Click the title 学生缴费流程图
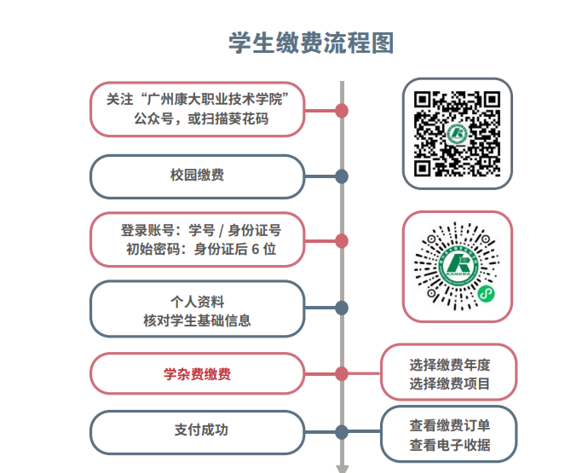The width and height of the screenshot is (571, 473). pyautogui.click(x=311, y=43)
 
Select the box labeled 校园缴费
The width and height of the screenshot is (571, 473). pyautogui.click(x=197, y=176)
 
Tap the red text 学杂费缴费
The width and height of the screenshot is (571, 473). pyautogui.click(x=197, y=374)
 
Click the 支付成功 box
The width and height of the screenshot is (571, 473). pyautogui.click(x=197, y=431)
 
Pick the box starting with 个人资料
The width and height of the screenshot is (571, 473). pyautogui.click(x=197, y=309)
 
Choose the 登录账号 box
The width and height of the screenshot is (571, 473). pyautogui.click(x=197, y=239)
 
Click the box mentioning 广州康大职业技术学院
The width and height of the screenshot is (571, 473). pyautogui.click(x=197, y=108)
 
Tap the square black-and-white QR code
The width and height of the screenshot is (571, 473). pyautogui.click(x=457, y=133)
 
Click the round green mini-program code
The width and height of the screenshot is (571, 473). pyautogui.click(x=457, y=267)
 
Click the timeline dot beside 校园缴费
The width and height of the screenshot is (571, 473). pyautogui.click(x=342, y=176)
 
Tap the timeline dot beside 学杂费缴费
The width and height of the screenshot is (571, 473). pyautogui.click(x=342, y=374)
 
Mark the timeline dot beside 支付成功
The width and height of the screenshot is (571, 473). pyautogui.click(x=342, y=432)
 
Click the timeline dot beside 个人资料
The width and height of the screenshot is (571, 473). pyautogui.click(x=342, y=308)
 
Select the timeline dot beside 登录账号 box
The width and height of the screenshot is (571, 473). pyautogui.click(x=342, y=241)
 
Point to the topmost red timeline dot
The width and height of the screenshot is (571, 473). pyautogui.click(x=342, y=110)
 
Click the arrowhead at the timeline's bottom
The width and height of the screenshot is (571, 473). pyautogui.click(x=342, y=468)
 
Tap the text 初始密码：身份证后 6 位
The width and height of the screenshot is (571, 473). pyautogui.click(x=200, y=250)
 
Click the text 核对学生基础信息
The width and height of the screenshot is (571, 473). pyautogui.click(x=197, y=320)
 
